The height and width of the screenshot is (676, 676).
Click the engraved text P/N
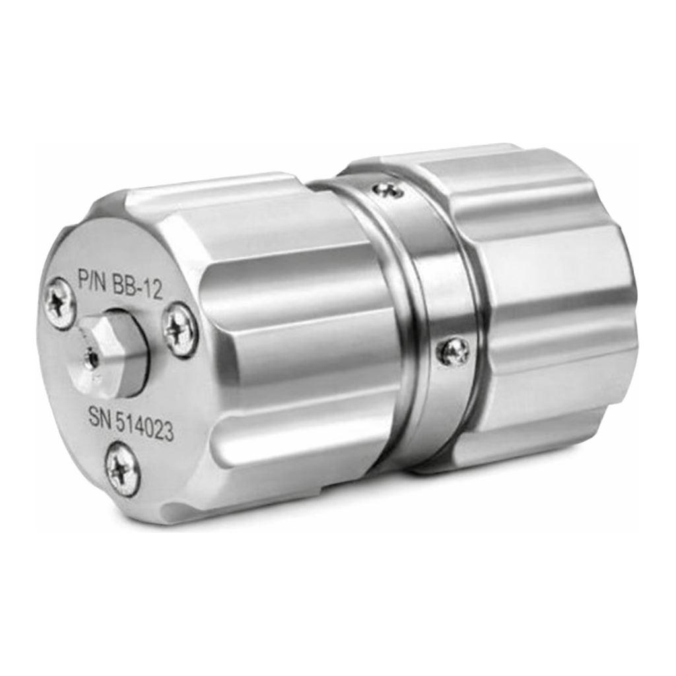tap(92, 279)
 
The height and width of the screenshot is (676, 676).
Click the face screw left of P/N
tap(60, 303)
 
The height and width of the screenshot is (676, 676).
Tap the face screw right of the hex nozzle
tap(181, 330)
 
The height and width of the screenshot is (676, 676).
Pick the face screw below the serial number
tap(123, 469)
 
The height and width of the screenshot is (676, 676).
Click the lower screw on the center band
tap(453, 351)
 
